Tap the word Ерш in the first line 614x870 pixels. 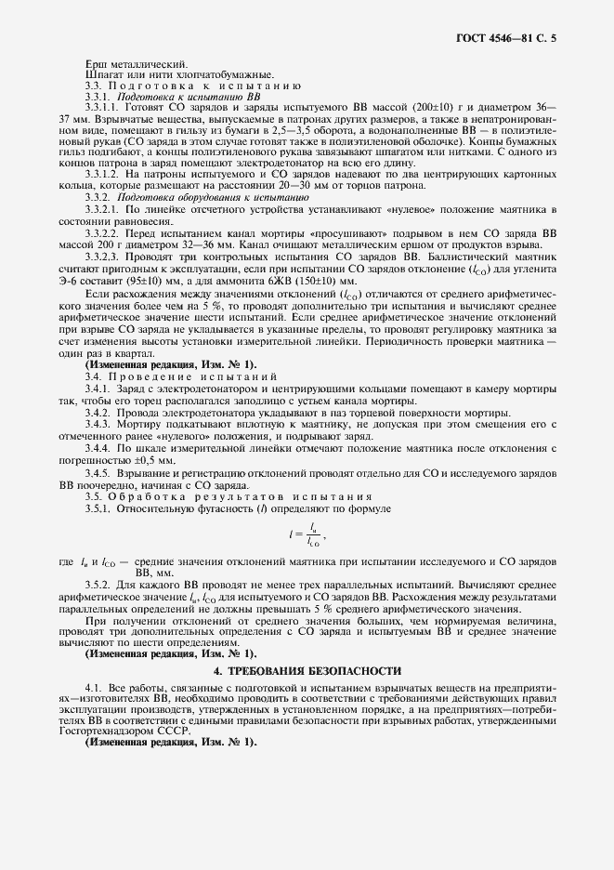(94, 63)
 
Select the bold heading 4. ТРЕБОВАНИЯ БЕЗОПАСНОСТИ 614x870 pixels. (307, 670)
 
